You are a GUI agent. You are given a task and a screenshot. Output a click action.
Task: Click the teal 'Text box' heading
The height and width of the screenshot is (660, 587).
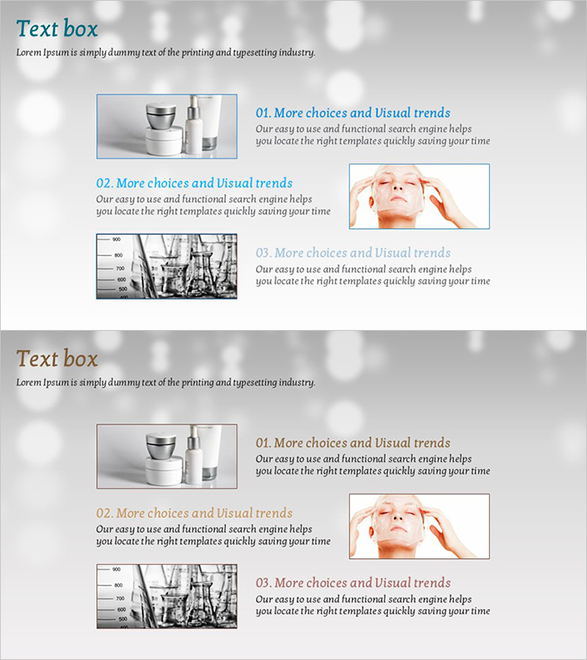coord(56,29)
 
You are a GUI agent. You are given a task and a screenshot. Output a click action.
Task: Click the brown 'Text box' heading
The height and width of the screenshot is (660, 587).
coord(56,359)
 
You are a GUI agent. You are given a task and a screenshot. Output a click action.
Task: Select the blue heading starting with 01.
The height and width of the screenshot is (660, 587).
coord(353,113)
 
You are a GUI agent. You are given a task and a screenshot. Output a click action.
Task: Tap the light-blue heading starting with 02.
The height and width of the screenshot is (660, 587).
coord(194,183)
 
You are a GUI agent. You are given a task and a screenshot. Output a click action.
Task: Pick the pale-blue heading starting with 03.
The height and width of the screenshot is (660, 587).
coord(353,253)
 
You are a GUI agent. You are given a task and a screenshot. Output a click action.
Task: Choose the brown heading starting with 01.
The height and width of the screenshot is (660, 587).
coord(353,443)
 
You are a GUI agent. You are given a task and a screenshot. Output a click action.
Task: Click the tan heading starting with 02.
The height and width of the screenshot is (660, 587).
coord(194,513)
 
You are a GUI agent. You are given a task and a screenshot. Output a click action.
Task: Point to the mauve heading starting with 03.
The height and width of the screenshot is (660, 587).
coord(353,583)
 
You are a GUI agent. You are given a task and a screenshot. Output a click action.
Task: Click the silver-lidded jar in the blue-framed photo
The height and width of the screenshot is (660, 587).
coord(161,116)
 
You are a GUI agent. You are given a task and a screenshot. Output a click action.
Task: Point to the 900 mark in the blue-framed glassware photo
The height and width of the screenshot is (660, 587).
coord(116,240)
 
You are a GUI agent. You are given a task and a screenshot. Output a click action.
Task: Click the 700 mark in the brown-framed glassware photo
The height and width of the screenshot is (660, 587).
coord(120,598)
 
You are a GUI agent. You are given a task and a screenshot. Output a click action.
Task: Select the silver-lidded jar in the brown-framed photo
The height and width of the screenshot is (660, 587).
coord(161,446)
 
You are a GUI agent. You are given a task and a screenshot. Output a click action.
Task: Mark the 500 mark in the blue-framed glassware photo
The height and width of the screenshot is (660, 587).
coord(123,290)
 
